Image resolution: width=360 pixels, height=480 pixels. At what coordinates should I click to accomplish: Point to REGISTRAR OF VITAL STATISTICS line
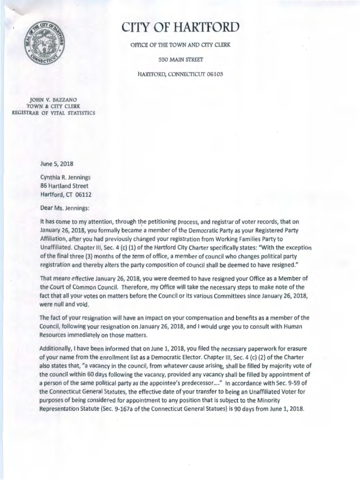click(x=52, y=113)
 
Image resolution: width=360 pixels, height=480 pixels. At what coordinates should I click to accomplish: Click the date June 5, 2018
click(x=57, y=164)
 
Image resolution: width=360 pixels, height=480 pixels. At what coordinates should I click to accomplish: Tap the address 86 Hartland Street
click(x=64, y=186)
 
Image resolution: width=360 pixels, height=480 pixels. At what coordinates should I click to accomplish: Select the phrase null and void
click(x=64, y=304)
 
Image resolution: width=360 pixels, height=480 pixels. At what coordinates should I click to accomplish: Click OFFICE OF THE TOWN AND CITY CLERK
click(x=180, y=45)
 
